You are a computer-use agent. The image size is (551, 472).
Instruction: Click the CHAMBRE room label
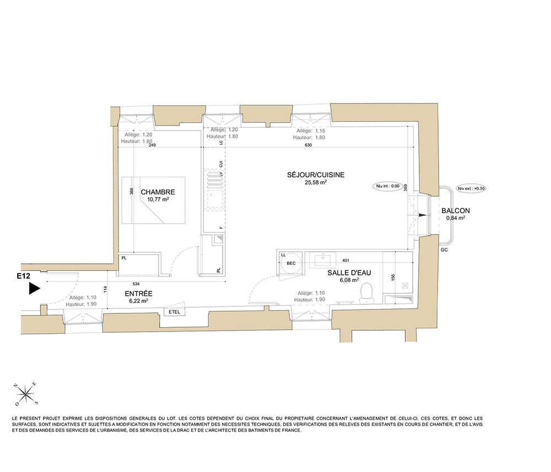158,192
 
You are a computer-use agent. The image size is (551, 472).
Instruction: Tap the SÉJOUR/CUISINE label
316,175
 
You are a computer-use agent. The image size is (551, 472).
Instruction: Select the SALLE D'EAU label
349,273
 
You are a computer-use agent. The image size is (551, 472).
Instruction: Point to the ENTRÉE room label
138,294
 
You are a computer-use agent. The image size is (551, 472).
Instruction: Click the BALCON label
456,211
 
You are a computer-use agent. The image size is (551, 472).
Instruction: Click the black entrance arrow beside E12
34,289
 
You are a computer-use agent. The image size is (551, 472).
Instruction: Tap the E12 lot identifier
24,276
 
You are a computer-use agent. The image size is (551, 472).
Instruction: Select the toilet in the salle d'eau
366,293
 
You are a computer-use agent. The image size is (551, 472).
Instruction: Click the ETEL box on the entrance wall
174,312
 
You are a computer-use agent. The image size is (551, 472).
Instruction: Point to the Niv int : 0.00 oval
387,186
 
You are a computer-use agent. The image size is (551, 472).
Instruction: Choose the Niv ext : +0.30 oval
471,188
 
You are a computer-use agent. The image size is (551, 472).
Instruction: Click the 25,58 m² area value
316,182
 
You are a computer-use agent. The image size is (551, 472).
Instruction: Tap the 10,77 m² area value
158,199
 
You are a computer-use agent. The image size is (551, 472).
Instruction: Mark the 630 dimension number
308,145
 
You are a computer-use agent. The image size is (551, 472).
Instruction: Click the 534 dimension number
136,284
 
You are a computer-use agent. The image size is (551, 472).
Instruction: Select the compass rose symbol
26,394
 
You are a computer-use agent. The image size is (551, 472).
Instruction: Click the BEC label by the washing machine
291,263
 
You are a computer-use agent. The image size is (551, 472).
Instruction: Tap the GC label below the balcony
444,249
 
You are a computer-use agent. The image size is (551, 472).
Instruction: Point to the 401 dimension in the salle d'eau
345,261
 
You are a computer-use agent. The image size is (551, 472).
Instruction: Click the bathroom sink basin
322,260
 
